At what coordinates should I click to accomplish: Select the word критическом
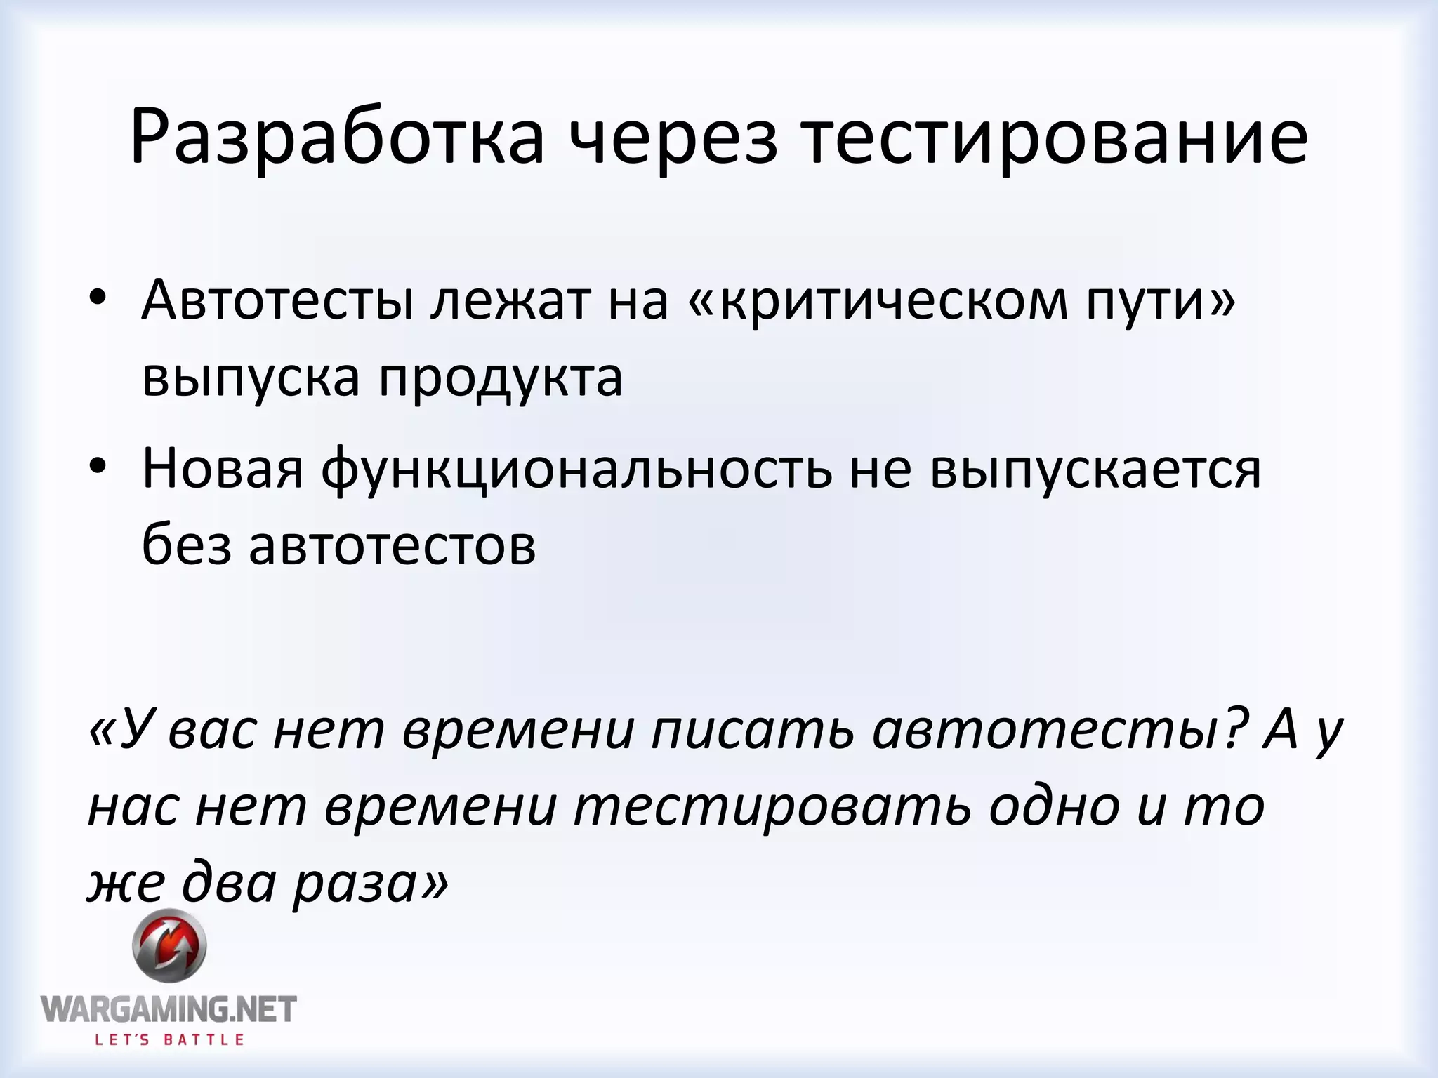[893, 302]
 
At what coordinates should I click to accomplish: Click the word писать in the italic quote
[752, 730]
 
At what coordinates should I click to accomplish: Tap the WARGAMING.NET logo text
[169, 1009]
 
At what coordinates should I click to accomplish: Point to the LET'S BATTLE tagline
[169, 1040]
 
